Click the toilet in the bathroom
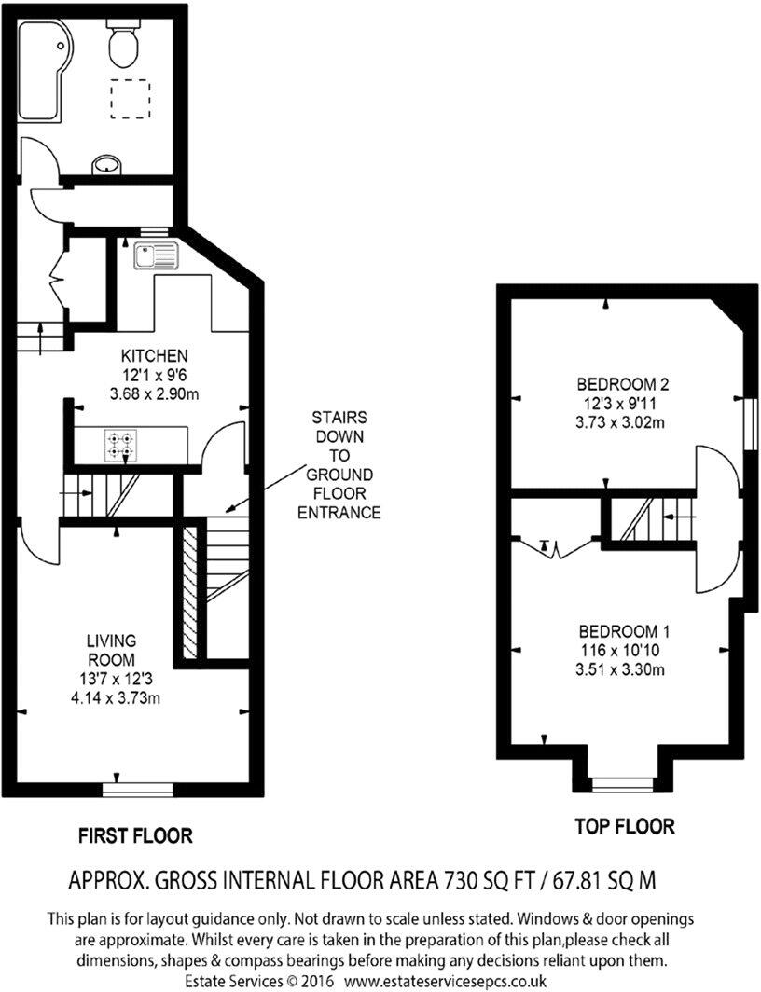pyautogui.click(x=123, y=43)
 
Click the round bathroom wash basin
pyautogui.click(x=107, y=166)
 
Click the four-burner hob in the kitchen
pyautogui.click(x=119, y=445)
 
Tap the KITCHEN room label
pyautogui.click(x=155, y=356)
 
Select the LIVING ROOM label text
pyautogui.click(x=112, y=650)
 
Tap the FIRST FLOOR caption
pyautogui.click(x=135, y=834)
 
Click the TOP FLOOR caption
pyautogui.click(x=624, y=826)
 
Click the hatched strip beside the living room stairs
pyautogui.click(x=190, y=592)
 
